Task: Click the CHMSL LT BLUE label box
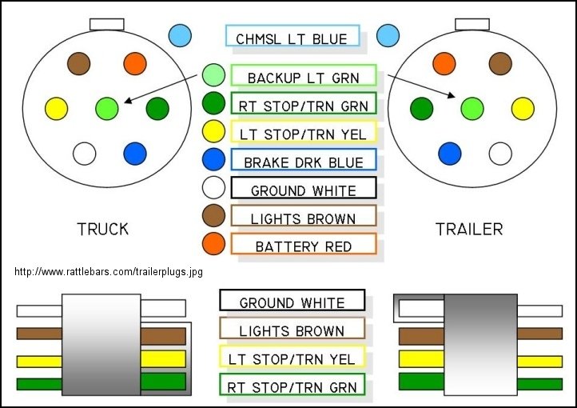click(x=292, y=38)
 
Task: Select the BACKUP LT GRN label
click(x=303, y=77)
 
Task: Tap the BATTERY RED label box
click(x=303, y=246)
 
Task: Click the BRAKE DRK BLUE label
click(x=303, y=162)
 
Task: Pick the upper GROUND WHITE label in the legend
click(x=303, y=190)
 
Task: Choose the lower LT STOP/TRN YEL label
click(x=292, y=358)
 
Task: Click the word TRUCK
click(x=102, y=230)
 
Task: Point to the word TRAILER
click(x=469, y=230)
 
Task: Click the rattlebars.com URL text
click(x=109, y=272)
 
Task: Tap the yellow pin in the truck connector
click(x=57, y=106)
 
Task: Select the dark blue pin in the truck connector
click(x=135, y=152)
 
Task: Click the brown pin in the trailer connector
click(x=500, y=63)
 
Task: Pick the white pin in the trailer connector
click(x=500, y=152)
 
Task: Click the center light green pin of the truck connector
click(x=106, y=106)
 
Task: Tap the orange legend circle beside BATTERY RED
click(x=213, y=244)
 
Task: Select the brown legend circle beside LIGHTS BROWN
click(x=213, y=216)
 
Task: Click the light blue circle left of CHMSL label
click(x=181, y=35)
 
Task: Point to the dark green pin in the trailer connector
click(x=421, y=106)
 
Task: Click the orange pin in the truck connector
click(x=135, y=63)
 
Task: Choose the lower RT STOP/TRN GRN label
click(x=292, y=386)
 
